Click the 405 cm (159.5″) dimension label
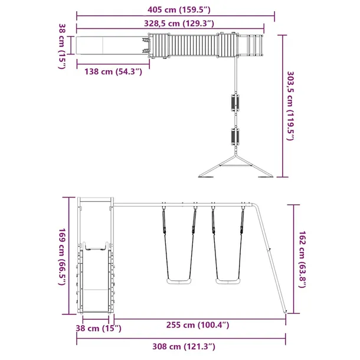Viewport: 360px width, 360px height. [x=179, y=10]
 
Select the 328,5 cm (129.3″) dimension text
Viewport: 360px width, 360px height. [x=179, y=24]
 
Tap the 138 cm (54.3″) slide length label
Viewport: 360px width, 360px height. [x=113, y=71]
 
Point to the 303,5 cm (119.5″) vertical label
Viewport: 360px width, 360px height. [x=291, y=106]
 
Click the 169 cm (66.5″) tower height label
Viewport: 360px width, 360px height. [x=63, y=257]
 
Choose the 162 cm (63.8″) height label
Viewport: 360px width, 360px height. [x=302, y=259]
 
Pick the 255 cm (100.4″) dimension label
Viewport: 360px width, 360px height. [x=198, y=325]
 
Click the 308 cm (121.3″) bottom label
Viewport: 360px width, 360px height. [x=184, y=346]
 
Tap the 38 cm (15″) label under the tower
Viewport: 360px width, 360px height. [x=99, y=328]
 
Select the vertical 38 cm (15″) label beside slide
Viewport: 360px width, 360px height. [x=62, y=46]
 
